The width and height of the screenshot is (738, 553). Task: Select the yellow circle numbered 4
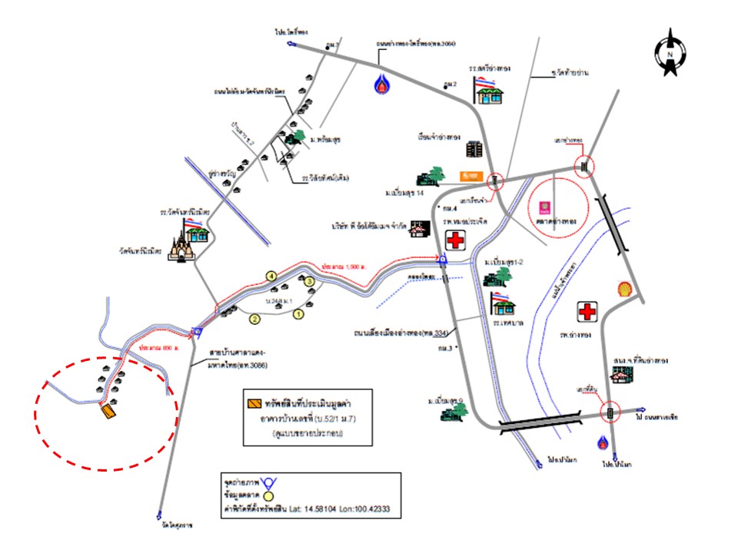271,275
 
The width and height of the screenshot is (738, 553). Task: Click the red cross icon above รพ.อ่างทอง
589,312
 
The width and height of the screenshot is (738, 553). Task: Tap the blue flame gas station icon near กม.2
382,83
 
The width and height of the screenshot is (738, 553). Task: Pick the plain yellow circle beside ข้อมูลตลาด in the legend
268,495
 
